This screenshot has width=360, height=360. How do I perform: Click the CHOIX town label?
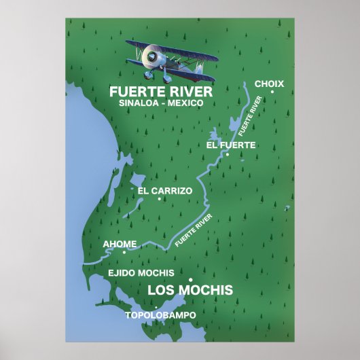(x=269, y=84)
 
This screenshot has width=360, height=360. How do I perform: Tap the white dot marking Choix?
(x=272, y=92)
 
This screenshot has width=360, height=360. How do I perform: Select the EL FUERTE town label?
(x=231, y=145)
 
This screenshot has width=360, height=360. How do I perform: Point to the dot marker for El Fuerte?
(x=228, y=154)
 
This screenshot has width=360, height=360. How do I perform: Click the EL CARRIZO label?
(x=165, y=191)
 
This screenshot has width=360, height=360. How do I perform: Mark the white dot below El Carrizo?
(x=159, y=199)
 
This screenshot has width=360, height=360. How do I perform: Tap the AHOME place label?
(x=120, y=243)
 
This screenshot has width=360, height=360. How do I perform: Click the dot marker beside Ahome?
(x=124, y=252)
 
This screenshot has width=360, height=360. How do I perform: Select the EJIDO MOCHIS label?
(x=141, y=272)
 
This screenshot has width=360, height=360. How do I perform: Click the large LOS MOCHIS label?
(x=190, y=291)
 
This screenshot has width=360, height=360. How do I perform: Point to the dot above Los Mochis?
(x=191, y=280)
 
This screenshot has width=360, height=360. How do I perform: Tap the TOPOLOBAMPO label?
(x=160, y=315)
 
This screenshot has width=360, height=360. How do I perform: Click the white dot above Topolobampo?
(x=156, y=307)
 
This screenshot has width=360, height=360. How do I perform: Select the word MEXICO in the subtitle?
(x=185, y=103)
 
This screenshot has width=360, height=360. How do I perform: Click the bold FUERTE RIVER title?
(x=161, y=91)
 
